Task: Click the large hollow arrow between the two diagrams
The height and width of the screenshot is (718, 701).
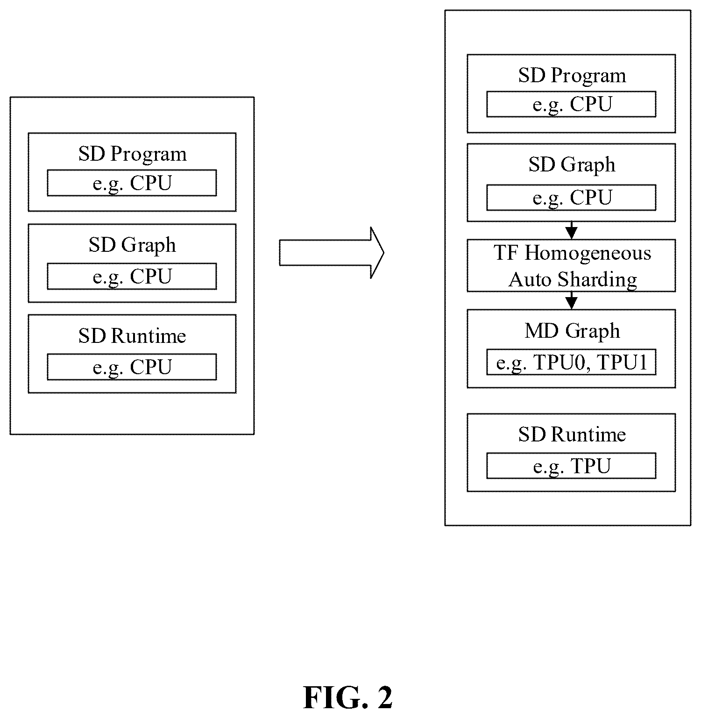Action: coord(332,253)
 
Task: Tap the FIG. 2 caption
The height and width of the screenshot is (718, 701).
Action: coord(348,698)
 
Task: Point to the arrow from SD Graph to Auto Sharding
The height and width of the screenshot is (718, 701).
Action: coord(571,230)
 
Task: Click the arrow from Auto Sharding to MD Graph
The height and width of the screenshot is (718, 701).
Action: coord(571,300)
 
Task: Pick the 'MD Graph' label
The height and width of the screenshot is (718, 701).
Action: coord(572,331)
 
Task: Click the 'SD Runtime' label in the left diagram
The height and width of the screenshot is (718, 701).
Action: coord(132,336)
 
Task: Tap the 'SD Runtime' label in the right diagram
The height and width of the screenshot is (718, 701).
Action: coord(572,434)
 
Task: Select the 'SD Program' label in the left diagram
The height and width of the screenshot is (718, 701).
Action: coord(132,154)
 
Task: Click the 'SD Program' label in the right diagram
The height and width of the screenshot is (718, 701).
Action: coord(572,76)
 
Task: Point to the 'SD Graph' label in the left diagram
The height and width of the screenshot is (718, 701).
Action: coord(132,245)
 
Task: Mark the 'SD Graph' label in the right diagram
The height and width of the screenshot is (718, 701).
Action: coord(572,165)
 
